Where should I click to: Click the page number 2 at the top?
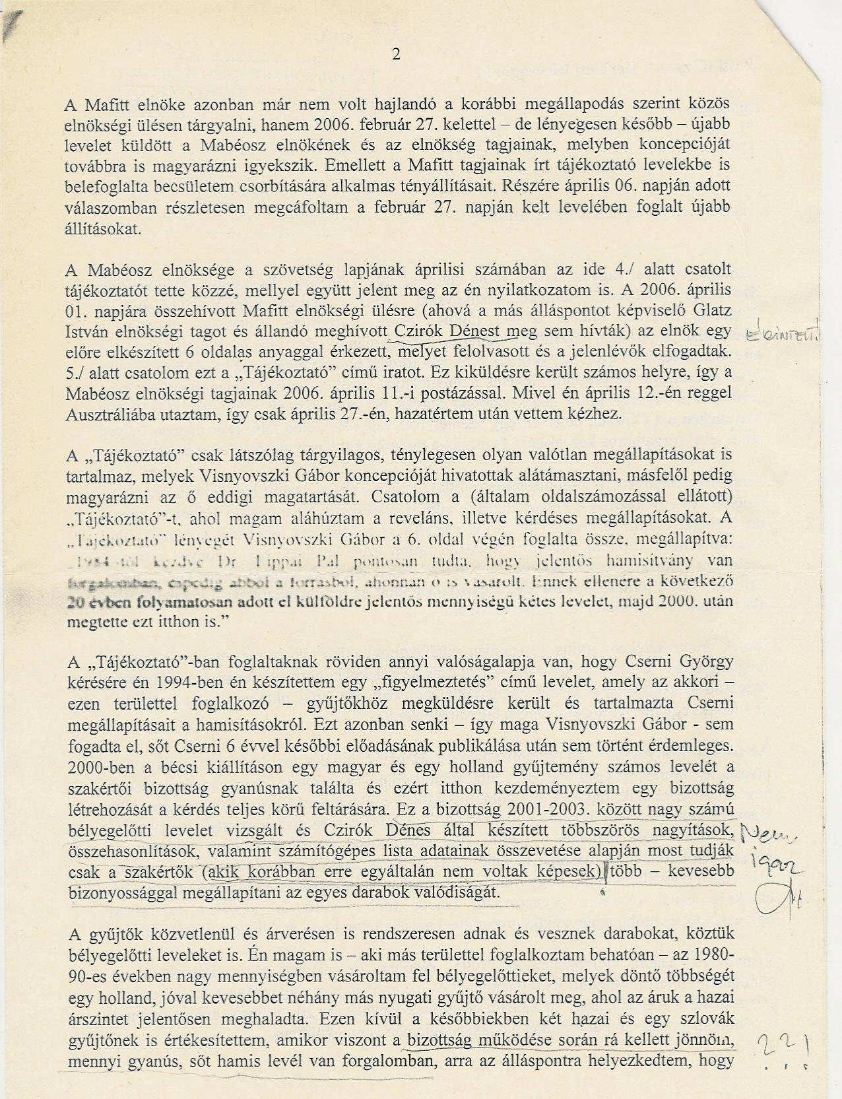coord(396,55)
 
